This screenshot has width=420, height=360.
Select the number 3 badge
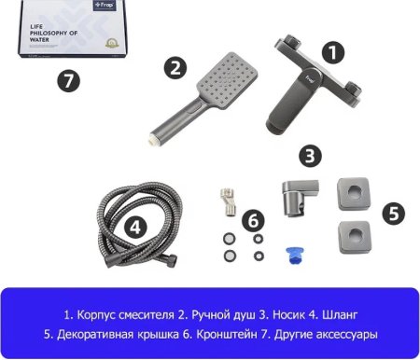tap(312, 156)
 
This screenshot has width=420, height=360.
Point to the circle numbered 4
tap(136, 227)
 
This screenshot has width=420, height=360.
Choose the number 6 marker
tap(253, 220)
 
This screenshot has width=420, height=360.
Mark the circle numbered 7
tap(64, 81)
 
